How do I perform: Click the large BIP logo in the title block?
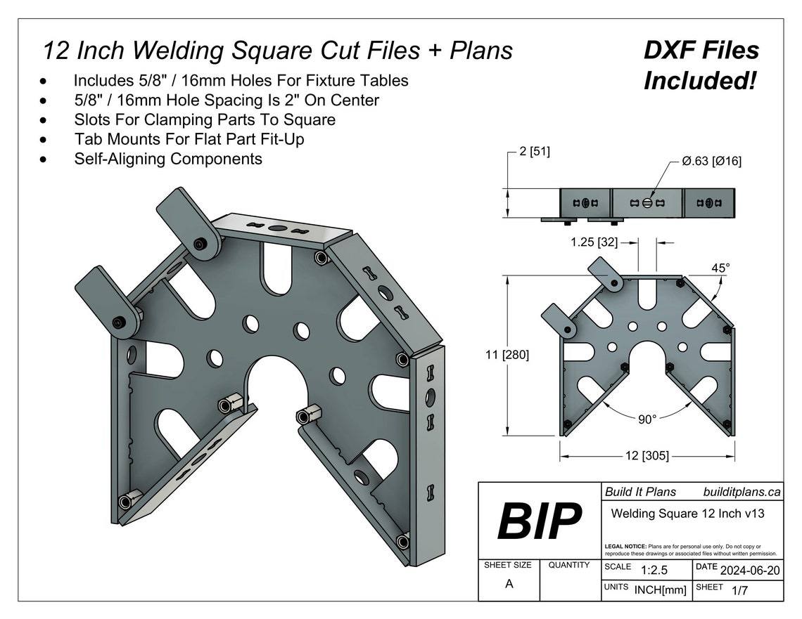(x=540, y=521)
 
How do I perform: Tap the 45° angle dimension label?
(x=720, y=268)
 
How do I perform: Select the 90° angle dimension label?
(x=647, y=419)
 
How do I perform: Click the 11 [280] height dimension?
(x=507, y=355)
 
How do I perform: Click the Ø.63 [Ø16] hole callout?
(x=711, y=162)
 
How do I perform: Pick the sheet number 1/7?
(x=739, y=591)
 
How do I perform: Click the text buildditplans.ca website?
(x=741, y=493)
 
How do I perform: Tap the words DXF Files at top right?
(x=701, y=51)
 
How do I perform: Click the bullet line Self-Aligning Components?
(x=168, y=159)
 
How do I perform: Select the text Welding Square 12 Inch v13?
(x=687, y=514)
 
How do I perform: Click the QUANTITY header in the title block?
(x=568, y=565)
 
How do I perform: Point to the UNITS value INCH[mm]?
(x=660, y=591)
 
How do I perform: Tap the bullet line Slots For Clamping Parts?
(x=204, y=119)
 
